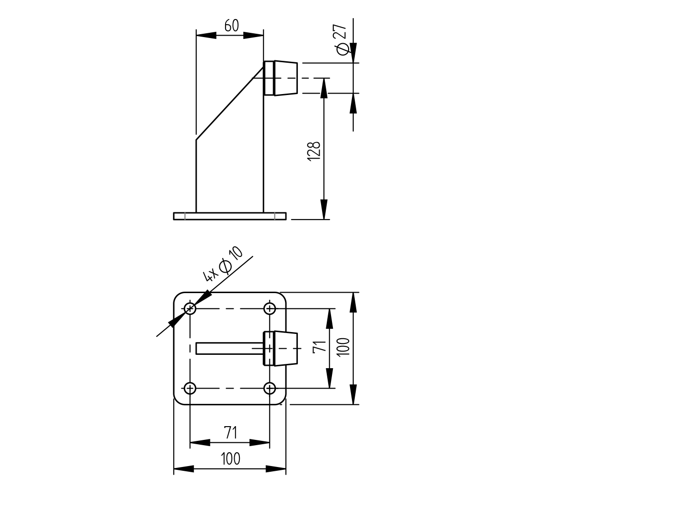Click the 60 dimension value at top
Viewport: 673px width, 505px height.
231,26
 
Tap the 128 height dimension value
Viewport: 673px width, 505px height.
314,151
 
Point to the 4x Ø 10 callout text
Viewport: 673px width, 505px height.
223,264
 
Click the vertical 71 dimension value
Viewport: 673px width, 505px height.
320,346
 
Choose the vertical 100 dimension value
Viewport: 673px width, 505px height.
344,347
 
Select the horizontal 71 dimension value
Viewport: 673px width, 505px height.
230,433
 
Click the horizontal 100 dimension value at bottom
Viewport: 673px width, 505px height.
230,459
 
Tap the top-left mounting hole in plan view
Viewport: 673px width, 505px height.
190,309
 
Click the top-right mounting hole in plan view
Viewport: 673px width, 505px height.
270,309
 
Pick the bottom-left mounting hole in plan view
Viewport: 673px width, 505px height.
190,389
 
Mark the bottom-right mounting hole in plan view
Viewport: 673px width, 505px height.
270,389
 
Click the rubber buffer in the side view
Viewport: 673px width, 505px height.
281,78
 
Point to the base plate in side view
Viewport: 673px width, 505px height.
230,216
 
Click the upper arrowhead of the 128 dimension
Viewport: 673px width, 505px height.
324,88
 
